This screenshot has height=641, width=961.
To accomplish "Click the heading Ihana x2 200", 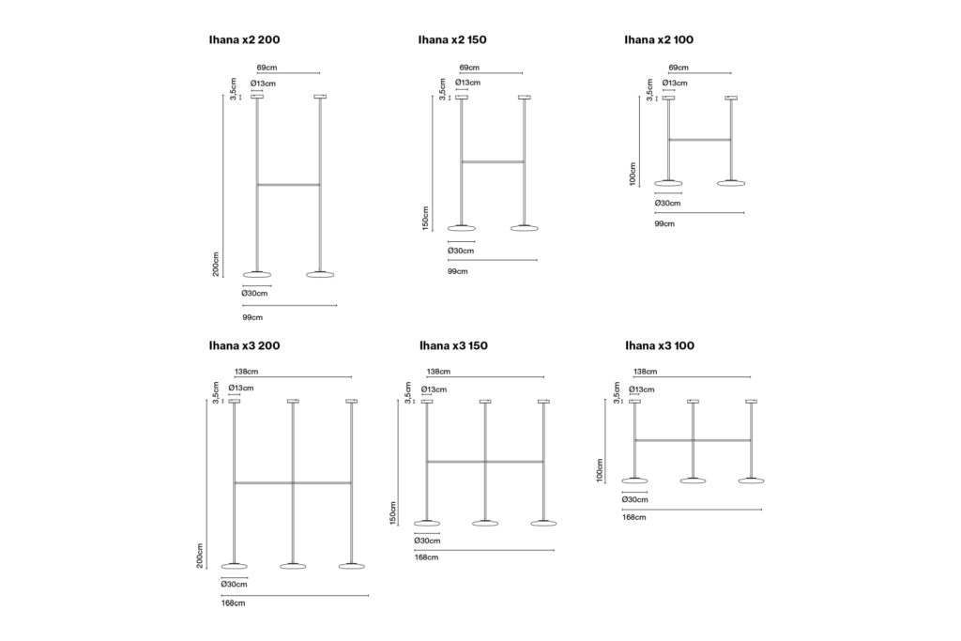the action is coord(245,39).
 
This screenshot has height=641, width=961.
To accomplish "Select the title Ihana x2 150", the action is coord(452,39).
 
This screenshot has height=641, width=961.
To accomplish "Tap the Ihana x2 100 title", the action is coord(659,39).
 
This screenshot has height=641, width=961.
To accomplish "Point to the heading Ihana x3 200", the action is coord(245,345).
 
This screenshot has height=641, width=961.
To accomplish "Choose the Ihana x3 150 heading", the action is coord(453,345).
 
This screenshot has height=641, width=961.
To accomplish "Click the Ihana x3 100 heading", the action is coord(660,345).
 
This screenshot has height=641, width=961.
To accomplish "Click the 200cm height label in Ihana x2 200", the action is coord(217,264).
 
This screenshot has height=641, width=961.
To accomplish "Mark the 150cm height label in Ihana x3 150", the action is coord(393,513).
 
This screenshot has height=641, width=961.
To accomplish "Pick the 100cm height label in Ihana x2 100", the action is coord(633,174).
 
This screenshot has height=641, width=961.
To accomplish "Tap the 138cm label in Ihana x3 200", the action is coord(246,372).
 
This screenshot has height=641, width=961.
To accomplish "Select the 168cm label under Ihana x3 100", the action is coord(633,517).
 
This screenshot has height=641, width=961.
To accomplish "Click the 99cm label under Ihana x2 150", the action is coord(457,271).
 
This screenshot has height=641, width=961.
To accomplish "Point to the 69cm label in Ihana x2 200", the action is coord(267,68).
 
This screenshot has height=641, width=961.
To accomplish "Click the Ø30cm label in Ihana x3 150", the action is coord(427,541).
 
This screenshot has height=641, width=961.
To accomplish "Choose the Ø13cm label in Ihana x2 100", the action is coord(674,83).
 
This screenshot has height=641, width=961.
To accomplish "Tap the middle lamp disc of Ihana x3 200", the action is coord(293,566).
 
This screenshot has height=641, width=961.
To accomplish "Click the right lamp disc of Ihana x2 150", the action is coord(525,228).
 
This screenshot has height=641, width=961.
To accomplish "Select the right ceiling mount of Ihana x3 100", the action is coord(752,402).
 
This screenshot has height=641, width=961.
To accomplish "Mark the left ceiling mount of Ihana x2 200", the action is coord(257,97).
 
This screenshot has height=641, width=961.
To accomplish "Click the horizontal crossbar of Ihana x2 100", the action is coord(699,140).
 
